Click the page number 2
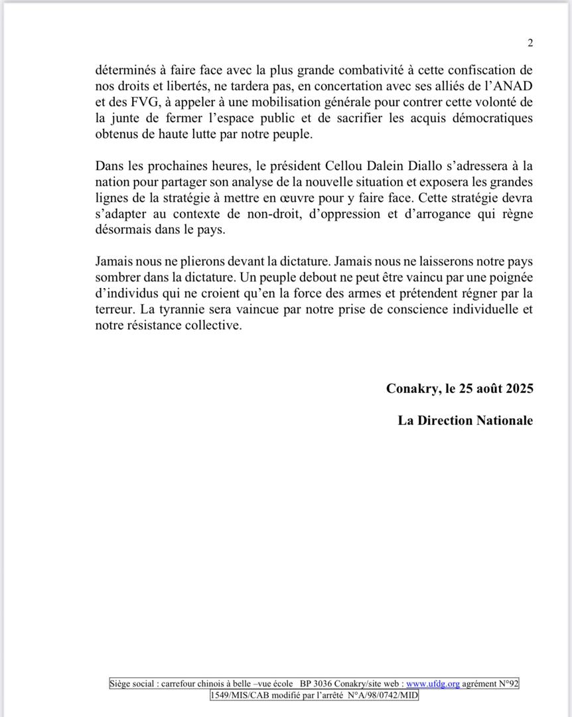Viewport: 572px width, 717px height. pos(530,43)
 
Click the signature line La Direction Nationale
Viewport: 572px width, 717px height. pos(465,420)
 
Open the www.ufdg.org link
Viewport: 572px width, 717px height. pos(433,683)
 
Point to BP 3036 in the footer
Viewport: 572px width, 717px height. pos(315,683)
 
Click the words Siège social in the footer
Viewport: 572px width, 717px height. pos(131,683)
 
